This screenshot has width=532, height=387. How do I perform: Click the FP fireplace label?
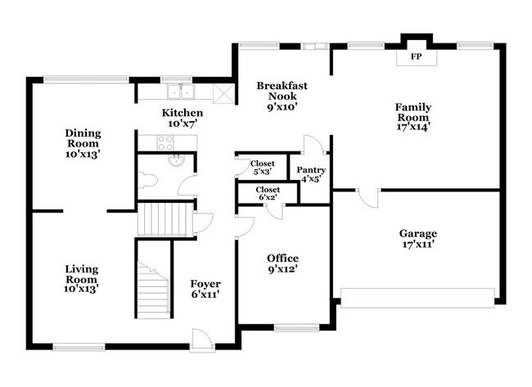tap(416, 57)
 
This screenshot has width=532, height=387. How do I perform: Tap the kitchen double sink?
tap(178, 92)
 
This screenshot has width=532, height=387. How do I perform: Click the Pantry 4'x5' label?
tap(311, 174)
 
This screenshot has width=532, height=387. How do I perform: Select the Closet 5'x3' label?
tap(262, 167)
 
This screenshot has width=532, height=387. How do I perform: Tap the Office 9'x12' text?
tap(282, 263)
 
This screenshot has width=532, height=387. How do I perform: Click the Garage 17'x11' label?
tap(417, 238)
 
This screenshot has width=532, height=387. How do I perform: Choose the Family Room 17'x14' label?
tap(413, 116)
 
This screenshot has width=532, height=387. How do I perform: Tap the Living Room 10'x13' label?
tap(82, 277)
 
